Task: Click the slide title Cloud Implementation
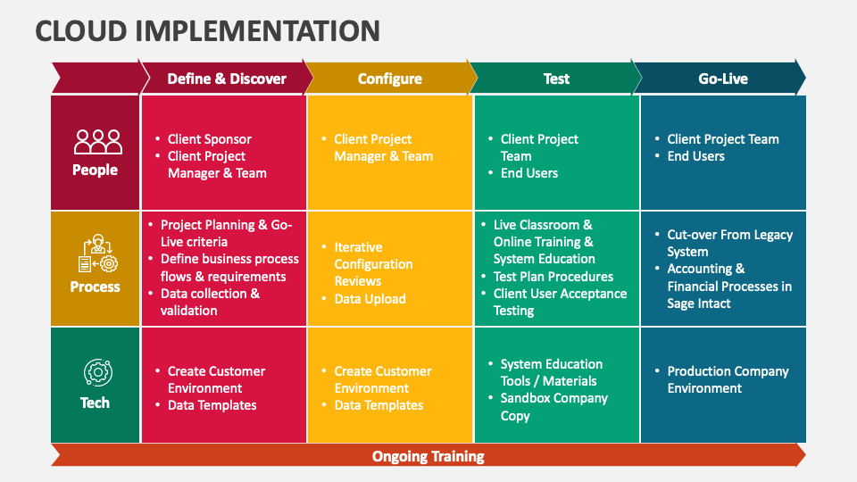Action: pos(207,30)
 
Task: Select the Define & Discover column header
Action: pos(227,79)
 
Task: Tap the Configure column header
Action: pos(389,79)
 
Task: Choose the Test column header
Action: pos(556,79)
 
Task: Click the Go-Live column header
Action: pos(722,79)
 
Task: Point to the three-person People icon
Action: pos(97,142)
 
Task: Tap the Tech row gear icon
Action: pos(96,372)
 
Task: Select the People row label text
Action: pos(96,170)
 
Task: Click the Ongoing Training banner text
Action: pos(428,456)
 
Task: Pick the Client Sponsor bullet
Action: pos(209,139)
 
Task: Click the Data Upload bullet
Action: pos(370,299)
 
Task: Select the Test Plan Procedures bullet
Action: pos(553,277)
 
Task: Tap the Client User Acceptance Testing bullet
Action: pos(560,302)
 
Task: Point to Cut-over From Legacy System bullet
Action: pos(728,243)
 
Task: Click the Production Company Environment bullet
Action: pos(727,379)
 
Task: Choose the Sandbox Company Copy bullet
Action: pos(553,406)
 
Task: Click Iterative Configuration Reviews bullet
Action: pos(372,264)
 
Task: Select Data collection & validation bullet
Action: pos(209,302)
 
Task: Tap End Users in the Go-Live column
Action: pos(695,156)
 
